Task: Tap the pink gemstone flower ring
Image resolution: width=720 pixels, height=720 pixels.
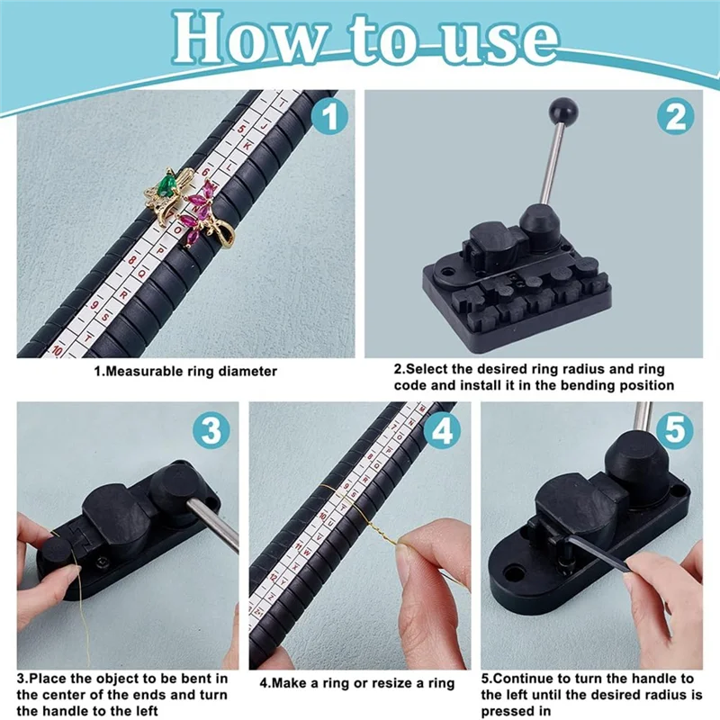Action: pyautogui.click(x=200, y=216)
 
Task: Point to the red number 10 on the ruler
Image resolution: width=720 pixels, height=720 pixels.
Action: pyautogui.click(x=56, y=350)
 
